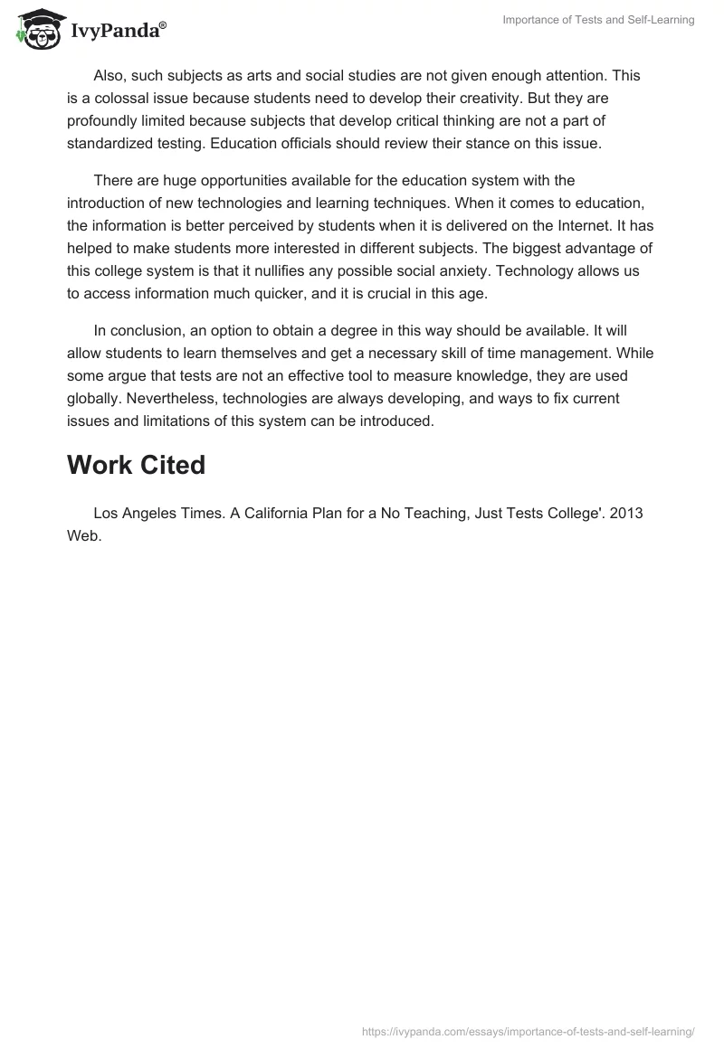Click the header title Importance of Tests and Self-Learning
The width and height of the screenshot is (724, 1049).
click(598, 20)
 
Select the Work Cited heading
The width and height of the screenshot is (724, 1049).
click(137, 465)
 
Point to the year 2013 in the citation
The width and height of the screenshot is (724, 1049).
click(626, 513)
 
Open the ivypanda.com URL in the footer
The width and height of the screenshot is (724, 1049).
click(528, 1030)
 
